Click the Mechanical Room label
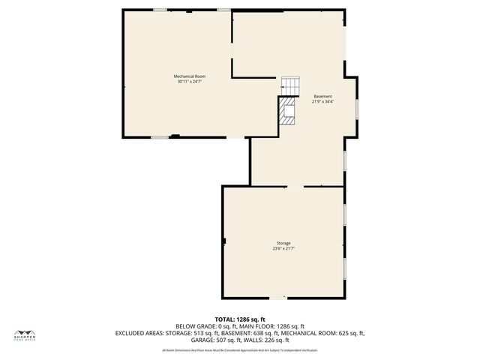click(x=189, y=76)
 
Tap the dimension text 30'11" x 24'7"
click(x=189, y=82)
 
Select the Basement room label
click(x=322, y=96)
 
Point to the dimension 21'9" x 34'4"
click(x=322, y=101)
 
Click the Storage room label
click(x=283, y=243)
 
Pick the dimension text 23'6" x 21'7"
click(x=283, y=248)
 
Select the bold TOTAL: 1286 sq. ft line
click(x=240, y=319)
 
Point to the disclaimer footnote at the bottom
click(x=240, y=350)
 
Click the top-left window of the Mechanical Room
click(x=160, y=10)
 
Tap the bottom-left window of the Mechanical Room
click(x=160, y=137)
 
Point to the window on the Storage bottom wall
click(x=277, y=297)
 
